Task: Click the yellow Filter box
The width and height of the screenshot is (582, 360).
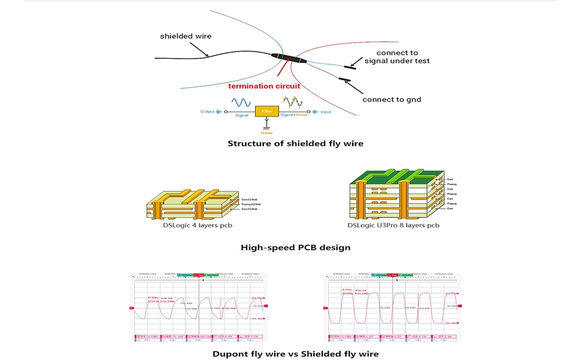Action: click(267, 112)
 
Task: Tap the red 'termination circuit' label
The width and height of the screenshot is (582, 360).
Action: click(264, 86)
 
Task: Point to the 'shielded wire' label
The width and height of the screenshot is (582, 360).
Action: click(185, 36)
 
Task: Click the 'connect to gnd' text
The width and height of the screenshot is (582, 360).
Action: click(392, 99)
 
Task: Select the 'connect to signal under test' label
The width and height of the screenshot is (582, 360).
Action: click(397, 57)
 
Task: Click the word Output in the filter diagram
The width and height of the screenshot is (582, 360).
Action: click(208, 112)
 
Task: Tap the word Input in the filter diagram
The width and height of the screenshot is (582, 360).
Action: click(325, 112)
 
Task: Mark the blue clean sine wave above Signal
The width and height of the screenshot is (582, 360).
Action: click(241, 102)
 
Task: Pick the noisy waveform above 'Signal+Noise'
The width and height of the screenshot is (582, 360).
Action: click(294, 101)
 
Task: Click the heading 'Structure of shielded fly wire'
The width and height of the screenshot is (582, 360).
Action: click(295, 143)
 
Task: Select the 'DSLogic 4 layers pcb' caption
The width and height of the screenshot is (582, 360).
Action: click(197, 226)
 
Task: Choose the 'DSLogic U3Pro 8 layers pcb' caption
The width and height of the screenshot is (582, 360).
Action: click(393, 226)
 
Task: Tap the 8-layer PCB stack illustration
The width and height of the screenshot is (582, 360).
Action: click(396, 193)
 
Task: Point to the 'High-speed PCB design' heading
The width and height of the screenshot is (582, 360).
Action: click(295, 247)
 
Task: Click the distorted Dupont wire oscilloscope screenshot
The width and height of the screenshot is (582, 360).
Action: click(199, 307)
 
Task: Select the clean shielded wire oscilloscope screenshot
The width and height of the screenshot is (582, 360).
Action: click(393, 307)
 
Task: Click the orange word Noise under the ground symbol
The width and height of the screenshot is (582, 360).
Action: click(266, 133)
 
